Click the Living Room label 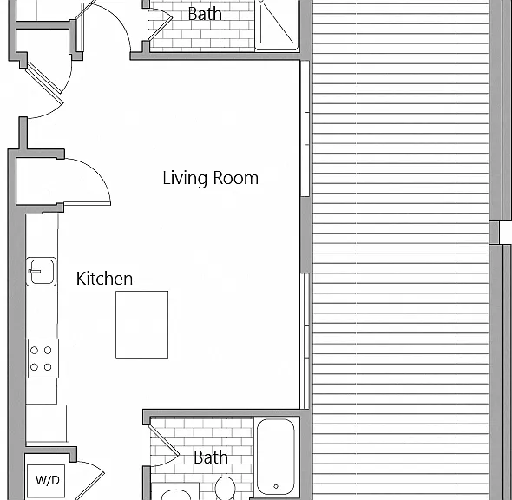(x=211, y=178)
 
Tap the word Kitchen (x=104, y=279)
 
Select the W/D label (x=48, y=480)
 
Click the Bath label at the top (x=205, y=14)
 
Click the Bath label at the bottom (x=211, y=457)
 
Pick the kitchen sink (x=41, y=272)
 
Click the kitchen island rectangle (x=142, y=325)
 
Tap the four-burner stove (x=43, y=359)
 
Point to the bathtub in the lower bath (x=276, y=457)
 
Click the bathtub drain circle (x=276, y=486)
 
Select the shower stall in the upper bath (x=277, y=25)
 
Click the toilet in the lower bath (x=226, y=488)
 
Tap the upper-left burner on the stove (x=35, y=351)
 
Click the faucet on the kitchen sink (x=35, y=272)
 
